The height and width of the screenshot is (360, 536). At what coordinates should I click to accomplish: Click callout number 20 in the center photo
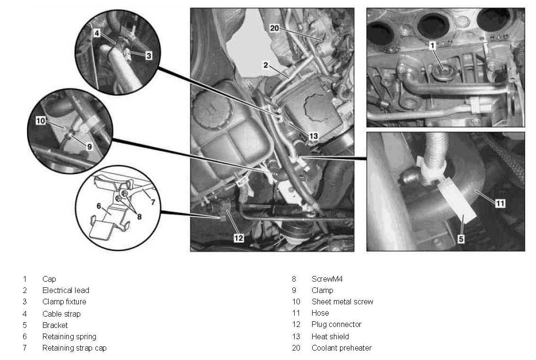click(x=274, y=28)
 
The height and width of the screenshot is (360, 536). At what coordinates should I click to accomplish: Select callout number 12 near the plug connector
click(x=239, y=238)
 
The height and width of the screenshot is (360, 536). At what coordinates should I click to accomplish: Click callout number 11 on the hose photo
click(x=500, y=203)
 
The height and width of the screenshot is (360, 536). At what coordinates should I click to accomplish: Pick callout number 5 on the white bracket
click(x=461, y=239)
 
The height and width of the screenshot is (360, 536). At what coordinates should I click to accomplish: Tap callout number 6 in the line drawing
click(x=99, y=206)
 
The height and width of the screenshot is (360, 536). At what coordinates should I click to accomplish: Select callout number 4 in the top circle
click(x=96, y=34)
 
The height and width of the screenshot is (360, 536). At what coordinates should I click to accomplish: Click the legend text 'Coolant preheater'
click(x=341, y=348)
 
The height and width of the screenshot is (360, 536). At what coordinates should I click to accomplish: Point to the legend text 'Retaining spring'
click(x=69, y=336)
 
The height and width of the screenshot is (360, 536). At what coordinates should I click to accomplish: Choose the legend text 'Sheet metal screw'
click(x=342, y=301)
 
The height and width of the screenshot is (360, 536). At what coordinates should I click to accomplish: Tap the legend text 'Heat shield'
click(x=330, y=336)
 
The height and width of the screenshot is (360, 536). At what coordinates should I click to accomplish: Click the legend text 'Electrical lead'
click(x=66, y=290)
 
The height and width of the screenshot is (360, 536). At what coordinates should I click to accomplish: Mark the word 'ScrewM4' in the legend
click(x=327, y=279)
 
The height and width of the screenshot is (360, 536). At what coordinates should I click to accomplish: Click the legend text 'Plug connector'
click(x=336, y=325)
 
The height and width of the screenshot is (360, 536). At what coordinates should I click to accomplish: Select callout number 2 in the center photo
click(x=266, y=66)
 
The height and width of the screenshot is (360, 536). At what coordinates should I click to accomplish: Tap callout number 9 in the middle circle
click(x=89, y=146)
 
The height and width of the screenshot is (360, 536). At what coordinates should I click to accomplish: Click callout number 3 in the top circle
click(x=148, y=56)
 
